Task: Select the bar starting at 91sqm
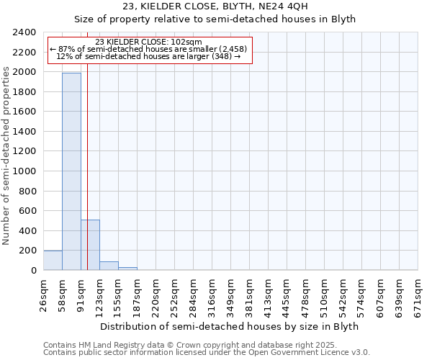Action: pyautogui.click(x=90, y=245)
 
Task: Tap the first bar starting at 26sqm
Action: pyautogui.click(x=53, y=261)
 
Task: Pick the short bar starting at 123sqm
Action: pyautogui.click(x=109, y=266)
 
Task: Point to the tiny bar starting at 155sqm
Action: pyautogui.click(x=127, y=269)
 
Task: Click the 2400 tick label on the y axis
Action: pyautogui.click(x=24, y=33)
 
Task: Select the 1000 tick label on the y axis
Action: pyautogui.click(x=24, y=171)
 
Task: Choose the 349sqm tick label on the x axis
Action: pyautogui.click(x=230, y=296)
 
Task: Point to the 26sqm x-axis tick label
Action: pyautogui.click(x=43, y=294)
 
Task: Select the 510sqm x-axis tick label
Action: pyautogui.click(x=324, y=296)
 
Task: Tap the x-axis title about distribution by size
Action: pyautogui.click(x=229, y=326)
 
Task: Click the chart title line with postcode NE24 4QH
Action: pyautogui.click(x=215, y=6)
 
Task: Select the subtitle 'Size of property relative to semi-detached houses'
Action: pyautogui.click(x=215, y=19)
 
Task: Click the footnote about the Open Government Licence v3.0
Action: pyautogui.click(x=207, y=353)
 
